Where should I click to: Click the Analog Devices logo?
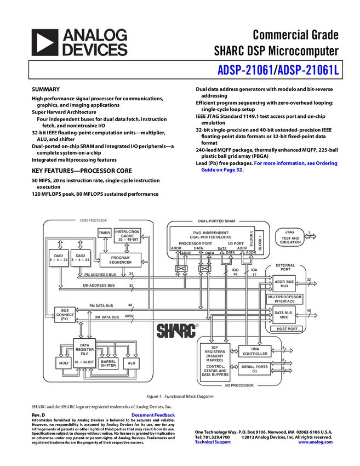click(x=79, y=43)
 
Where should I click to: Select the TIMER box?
click(x=104, y=233)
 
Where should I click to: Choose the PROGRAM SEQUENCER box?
click(x=120, y=260)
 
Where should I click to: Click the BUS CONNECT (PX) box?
click(x=65, y=315)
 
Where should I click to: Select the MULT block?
click(x=64, y=363)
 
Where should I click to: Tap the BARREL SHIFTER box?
click(x=108, y=363)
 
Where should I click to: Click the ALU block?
click(x=131, y=363)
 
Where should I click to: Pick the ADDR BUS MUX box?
click(x=284, y=283)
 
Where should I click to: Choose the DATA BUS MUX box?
click(x=284, y=314)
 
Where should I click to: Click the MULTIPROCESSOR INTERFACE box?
click(x=284, y=299)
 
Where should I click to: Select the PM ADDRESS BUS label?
click(x=100, y=274)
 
